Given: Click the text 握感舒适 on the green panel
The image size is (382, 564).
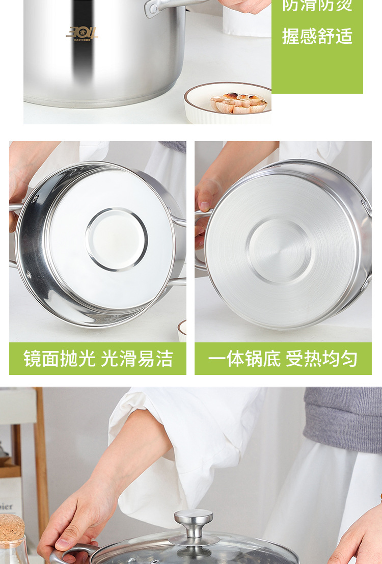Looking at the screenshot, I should tap(317, 36).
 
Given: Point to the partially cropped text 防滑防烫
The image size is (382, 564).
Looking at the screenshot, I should tap(317, 6).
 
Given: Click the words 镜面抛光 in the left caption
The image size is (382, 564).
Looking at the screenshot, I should tap(59, 359).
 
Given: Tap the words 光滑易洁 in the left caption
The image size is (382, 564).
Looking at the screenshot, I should tap(137, 359).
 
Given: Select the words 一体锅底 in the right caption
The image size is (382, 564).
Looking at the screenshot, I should tap(244, 359).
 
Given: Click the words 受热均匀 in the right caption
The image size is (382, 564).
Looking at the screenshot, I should tap(321, 359).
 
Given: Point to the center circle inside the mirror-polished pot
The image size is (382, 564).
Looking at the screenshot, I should tap(117, 239).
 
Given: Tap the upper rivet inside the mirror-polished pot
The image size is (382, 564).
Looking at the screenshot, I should tap(34, 200).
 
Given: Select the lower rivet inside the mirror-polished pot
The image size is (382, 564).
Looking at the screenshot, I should tap(28, 275).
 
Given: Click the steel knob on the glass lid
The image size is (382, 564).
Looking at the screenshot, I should tap(194, 521).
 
